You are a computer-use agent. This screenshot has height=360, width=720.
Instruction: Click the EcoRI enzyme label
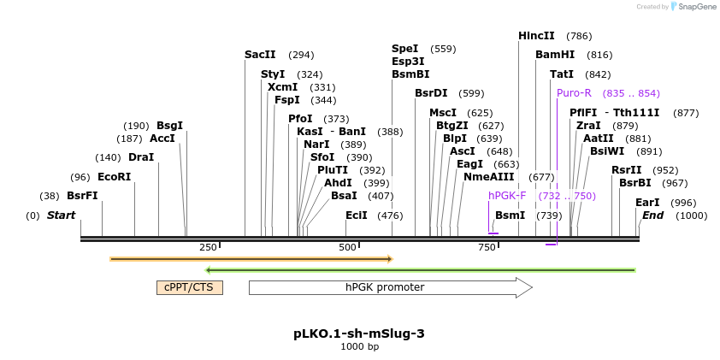(114, 177)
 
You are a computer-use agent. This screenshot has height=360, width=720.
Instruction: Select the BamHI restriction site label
(555, 55)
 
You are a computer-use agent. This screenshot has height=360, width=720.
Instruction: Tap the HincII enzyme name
(536, 36)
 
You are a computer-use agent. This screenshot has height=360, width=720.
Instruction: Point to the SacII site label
(260, 55)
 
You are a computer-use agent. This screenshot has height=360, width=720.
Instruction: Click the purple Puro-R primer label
(574, 93)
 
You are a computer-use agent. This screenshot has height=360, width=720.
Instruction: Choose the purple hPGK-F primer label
(507, 196)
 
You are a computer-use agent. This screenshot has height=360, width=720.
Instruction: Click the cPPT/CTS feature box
(189, 287)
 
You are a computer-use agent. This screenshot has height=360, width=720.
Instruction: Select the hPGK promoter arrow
(390, 287)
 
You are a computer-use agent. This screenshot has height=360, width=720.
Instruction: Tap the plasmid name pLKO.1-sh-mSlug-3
(359, 333)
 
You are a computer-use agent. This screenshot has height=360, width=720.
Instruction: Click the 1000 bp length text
(359, 347)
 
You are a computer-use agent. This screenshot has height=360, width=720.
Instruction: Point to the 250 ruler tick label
(208, 247)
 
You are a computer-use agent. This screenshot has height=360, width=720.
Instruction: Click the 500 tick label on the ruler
(347, 247)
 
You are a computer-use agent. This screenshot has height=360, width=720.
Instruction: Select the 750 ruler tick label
(487, 247)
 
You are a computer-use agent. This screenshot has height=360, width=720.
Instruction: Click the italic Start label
(61, 215)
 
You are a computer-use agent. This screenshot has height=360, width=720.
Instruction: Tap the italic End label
(652, 215)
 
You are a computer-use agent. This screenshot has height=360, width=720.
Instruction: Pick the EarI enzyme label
(647, 203)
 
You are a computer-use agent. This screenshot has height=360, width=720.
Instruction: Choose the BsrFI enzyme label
(82, 196)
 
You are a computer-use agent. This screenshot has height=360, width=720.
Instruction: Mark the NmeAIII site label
(489, 177)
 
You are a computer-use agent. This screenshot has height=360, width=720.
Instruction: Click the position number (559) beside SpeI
(443, 49)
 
